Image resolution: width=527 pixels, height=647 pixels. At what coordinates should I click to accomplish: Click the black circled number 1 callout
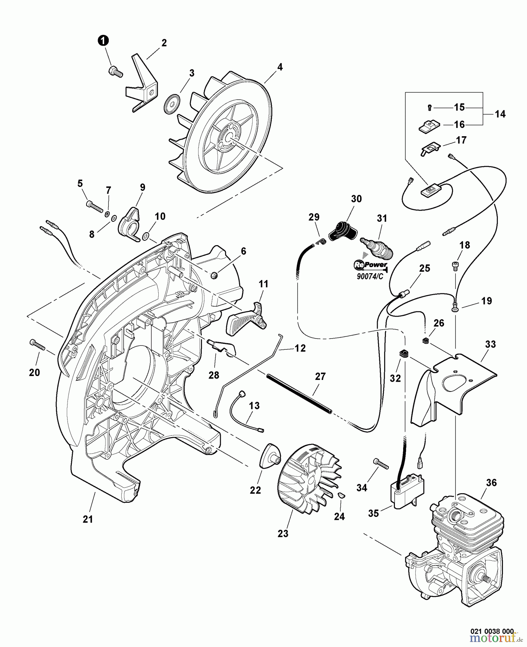(103, 41)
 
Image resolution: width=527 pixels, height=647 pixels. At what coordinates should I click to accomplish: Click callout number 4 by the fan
(280, 67)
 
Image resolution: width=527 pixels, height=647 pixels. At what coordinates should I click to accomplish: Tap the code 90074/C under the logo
(370, 277)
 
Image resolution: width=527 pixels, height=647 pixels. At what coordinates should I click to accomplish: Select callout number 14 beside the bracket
(500, 114)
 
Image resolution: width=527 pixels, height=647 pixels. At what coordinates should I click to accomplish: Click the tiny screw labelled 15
(430, 107)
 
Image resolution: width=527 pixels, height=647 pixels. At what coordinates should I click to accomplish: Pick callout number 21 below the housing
(88, 519)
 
